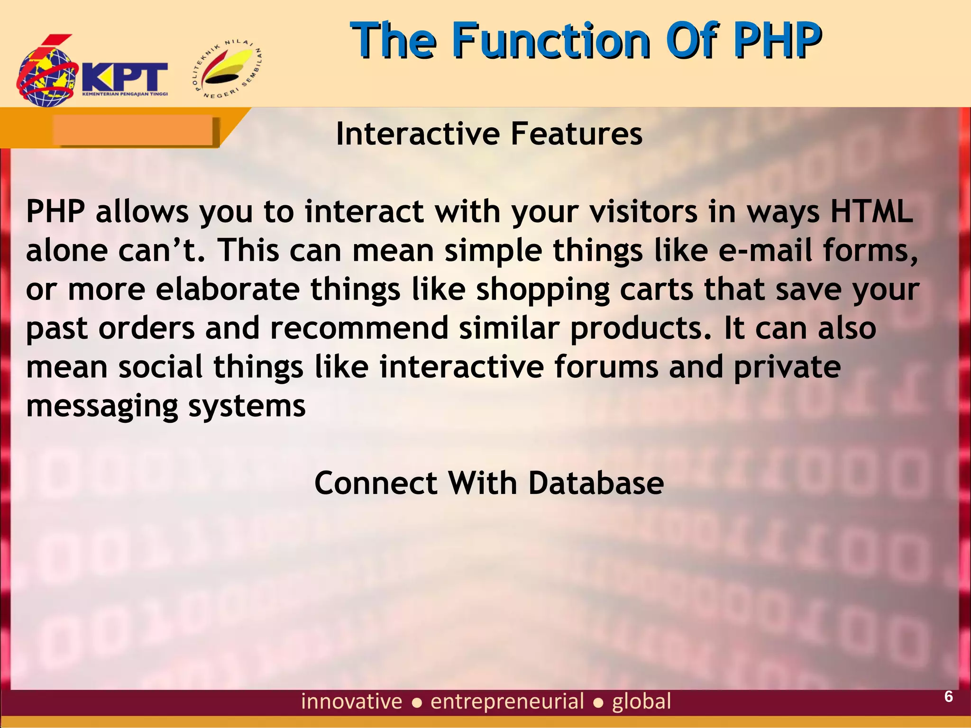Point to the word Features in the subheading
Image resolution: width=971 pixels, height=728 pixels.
click(576, 134)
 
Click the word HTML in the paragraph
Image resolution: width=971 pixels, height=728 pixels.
click(871, 211)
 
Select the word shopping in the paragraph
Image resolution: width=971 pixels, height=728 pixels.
click(542, 290)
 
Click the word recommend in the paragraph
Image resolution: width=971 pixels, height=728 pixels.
click(359, 328)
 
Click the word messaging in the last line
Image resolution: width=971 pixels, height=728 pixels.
click(102, 407)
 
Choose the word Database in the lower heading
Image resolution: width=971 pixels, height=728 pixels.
click(595, 483)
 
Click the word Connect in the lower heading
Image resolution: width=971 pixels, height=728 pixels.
click(376, 483)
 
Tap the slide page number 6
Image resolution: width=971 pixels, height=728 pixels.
click(948, 697)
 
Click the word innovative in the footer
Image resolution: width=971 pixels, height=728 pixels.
click(351, 701)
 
